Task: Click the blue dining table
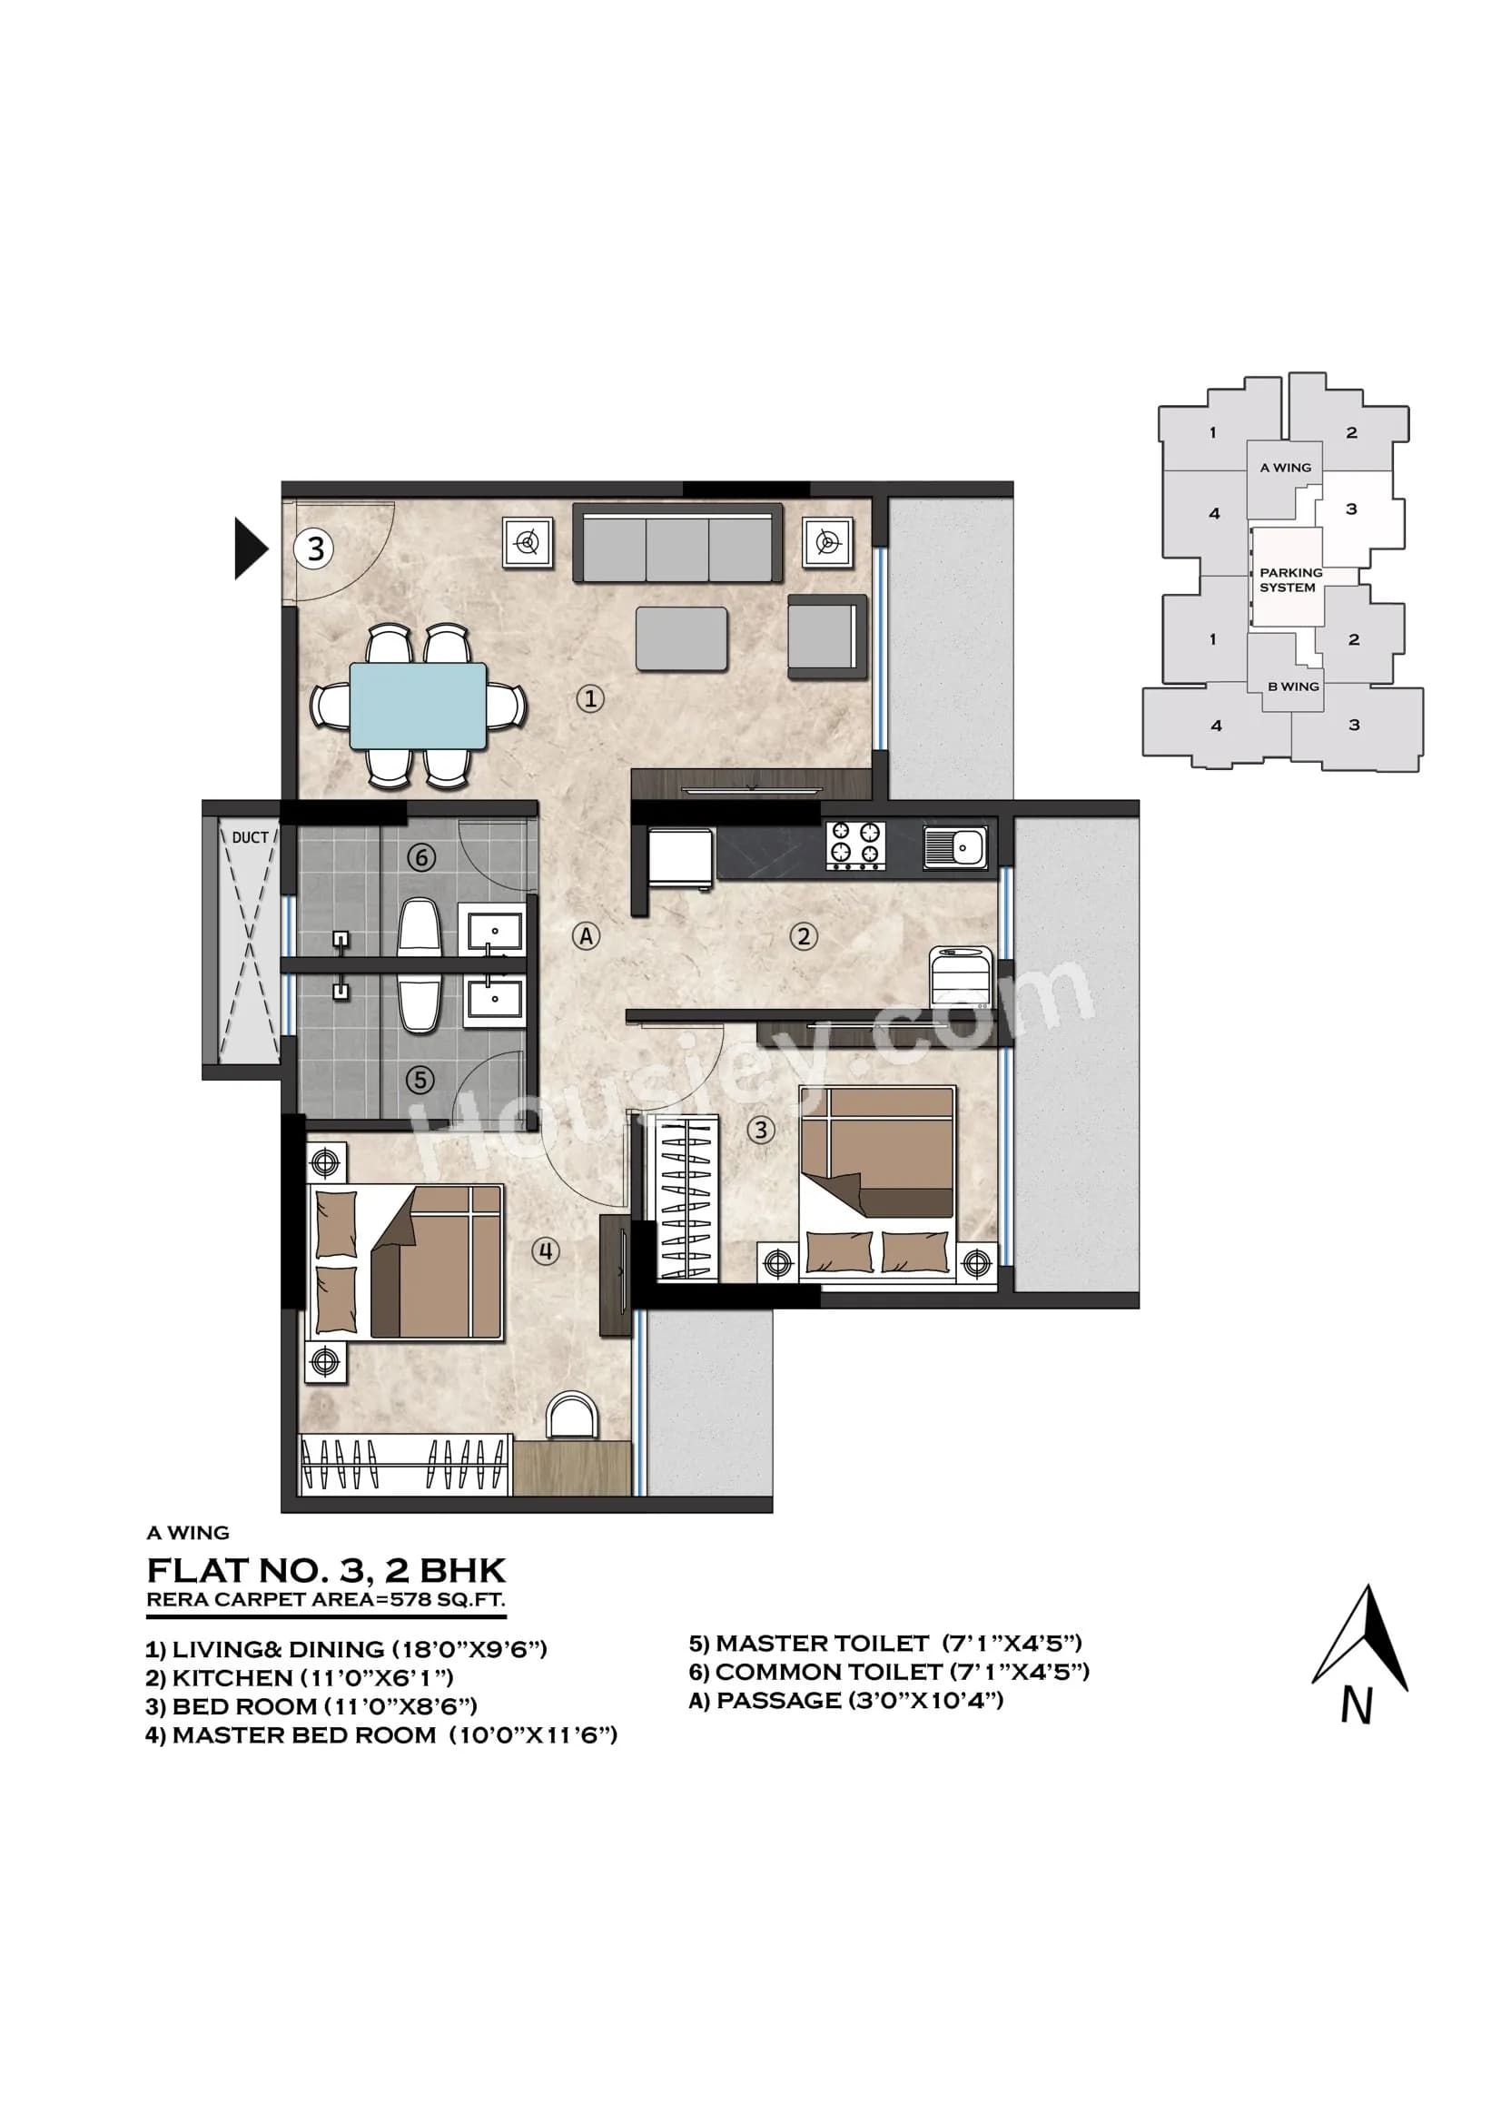(418, 705)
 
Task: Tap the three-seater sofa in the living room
(677, 543)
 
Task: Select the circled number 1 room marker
(590, 697)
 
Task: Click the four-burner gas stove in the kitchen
(854, 845)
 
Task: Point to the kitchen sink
(955, 846)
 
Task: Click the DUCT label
(250, 837)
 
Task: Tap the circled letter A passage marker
(586, 936)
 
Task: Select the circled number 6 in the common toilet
(421, 857)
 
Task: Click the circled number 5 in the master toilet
(420, 1080)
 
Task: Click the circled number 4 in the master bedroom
(546, 1251)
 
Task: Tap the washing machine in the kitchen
(961, 977)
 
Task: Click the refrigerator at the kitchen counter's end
(681, 859)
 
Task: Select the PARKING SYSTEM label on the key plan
(1290, 580)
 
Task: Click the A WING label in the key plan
(1285, 467)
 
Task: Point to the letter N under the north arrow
(1357, 1706)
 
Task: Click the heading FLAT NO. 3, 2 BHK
(327, 1571)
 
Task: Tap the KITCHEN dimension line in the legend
(300, 1677)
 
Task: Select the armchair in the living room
(826, 637)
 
